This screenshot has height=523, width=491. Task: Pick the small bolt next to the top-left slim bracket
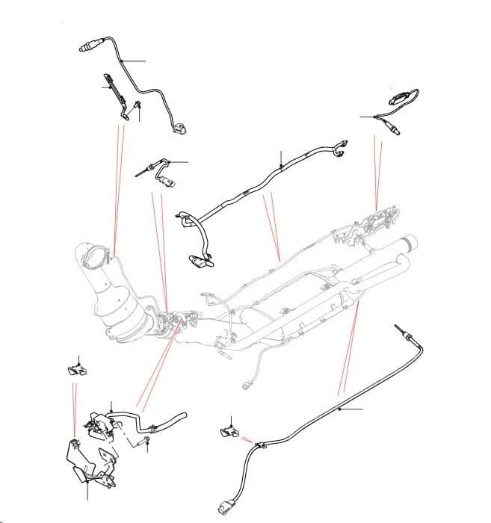138,112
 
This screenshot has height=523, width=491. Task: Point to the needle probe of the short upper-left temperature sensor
140,171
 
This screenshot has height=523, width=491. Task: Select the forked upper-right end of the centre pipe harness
341,147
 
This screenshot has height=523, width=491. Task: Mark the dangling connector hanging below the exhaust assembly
248,387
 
